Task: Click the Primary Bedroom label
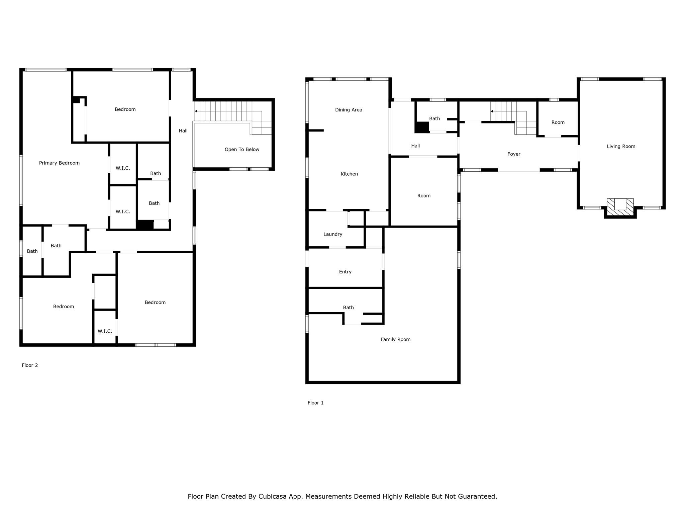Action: (59, 163)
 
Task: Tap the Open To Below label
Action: (242, 150)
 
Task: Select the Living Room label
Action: (621, 146)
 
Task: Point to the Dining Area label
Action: (349, 110)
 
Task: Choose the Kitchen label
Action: (349, 174)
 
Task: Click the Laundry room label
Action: (333, 234)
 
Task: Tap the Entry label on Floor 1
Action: (345, 272)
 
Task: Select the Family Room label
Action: (395, 339)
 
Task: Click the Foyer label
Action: (514, 154)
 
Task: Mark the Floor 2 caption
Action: (30, 365)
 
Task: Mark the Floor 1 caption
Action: (315, 403)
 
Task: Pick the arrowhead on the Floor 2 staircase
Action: (196, 111)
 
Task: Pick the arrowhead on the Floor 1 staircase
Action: (492, 111)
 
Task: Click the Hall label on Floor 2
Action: (183, 131)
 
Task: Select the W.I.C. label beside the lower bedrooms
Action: (105, 331)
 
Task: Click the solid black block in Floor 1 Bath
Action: (422, 127)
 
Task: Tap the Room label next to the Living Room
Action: (558, 122)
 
